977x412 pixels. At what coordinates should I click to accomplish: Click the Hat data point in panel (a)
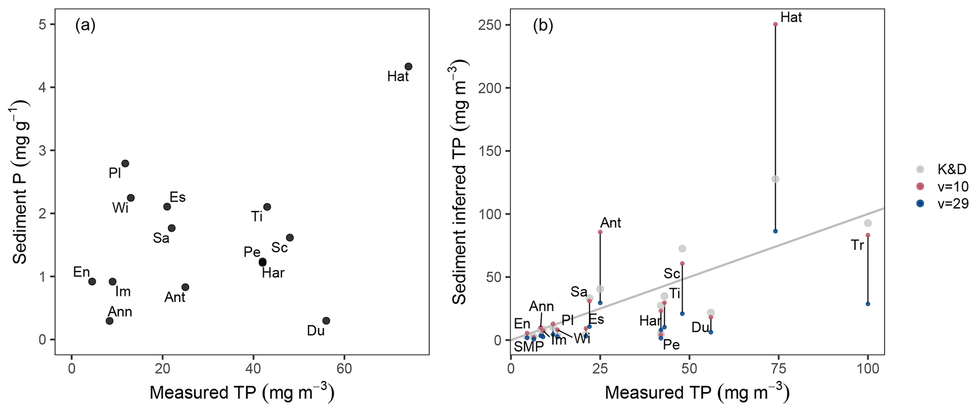pos(408,67)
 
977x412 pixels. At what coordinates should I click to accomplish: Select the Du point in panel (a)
pos(326,321)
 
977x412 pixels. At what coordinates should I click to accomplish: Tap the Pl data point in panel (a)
pos(125,163)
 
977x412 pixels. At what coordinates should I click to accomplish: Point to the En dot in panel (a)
pos(92,282)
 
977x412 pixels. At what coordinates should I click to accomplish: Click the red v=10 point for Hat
pos(775,24)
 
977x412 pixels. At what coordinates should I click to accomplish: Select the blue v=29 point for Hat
pos(775,231)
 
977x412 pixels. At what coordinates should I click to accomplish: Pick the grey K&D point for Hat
pos(775,179)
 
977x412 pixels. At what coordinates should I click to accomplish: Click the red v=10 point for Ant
pos(600,232)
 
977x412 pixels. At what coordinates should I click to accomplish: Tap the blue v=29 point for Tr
pos(868,304)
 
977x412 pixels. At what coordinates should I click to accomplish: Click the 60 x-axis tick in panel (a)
pos(344,368)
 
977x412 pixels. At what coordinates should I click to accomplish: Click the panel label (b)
pos(543,26)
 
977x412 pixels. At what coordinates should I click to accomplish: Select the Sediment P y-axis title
pos(20,182)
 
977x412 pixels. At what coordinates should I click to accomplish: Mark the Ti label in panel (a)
pos(257,216)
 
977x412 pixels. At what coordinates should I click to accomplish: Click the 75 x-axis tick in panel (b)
pos(778,368)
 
